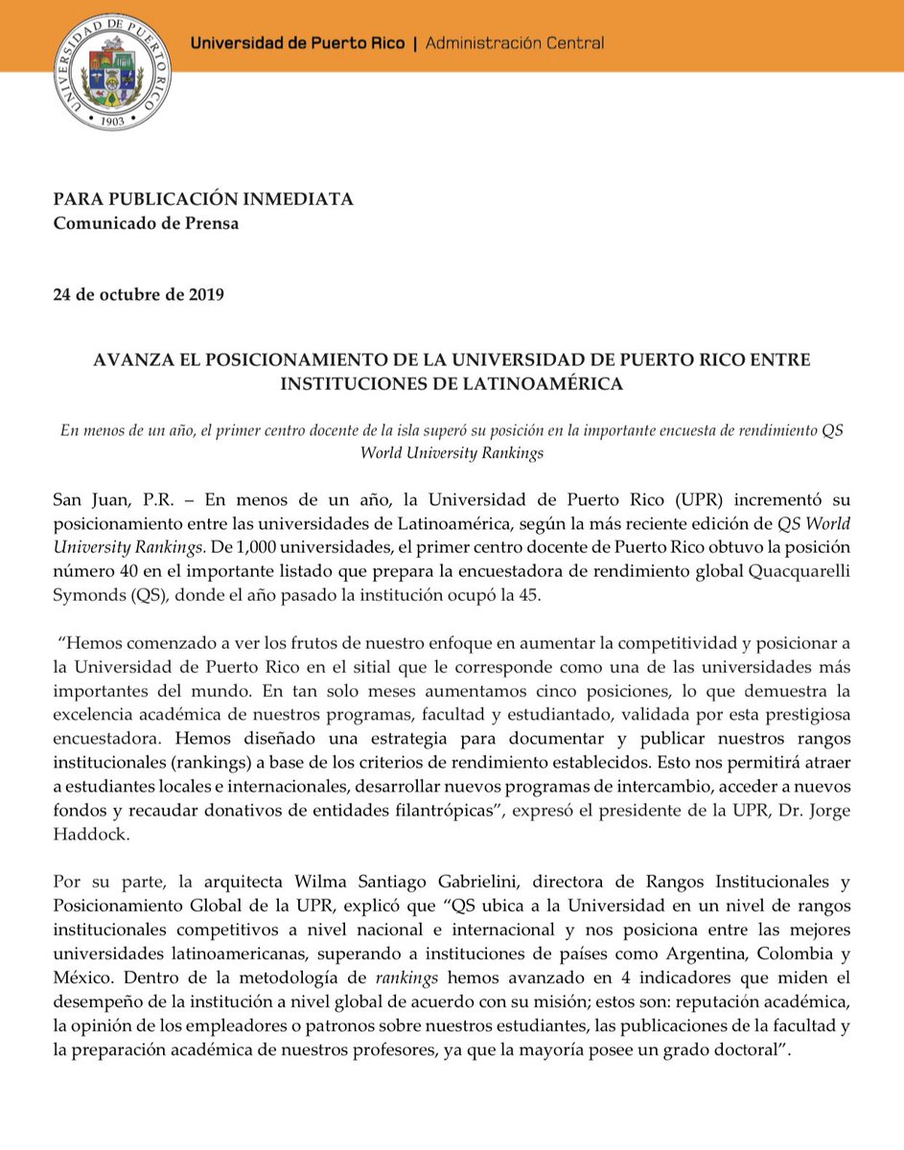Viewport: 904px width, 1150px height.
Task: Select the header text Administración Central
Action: [x=514, y=43]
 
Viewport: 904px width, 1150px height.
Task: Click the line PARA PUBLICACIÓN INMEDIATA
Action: [x=203, y=199]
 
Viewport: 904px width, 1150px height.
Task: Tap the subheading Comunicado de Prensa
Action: [x=146, y=224]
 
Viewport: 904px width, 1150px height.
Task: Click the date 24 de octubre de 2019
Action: [x=138, y=294]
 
